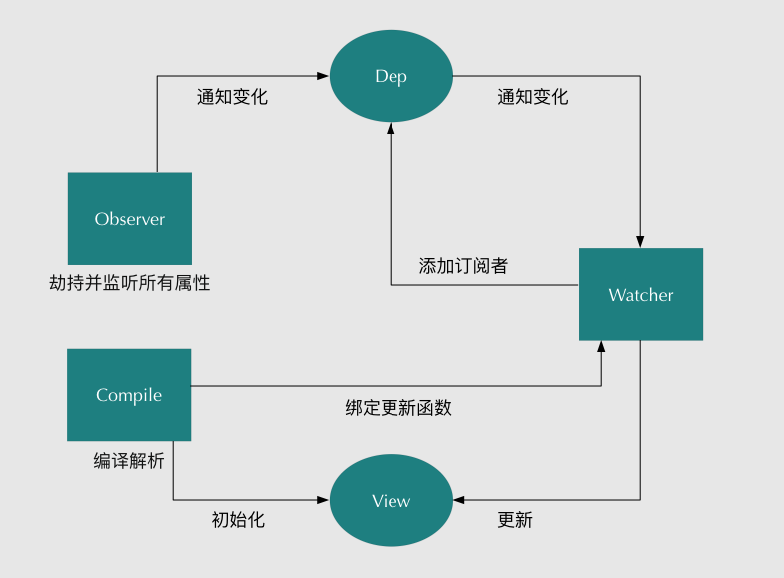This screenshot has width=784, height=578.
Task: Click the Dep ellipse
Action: (x=391, y=76)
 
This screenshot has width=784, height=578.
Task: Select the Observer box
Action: (x=129, y=218)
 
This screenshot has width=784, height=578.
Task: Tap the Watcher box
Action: (x=640, y=294)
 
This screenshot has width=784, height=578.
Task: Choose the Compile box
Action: (x=129, y=395)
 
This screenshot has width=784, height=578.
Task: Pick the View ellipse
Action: (x=391, y=500)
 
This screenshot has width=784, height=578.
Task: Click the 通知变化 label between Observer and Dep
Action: (x=232, y=97)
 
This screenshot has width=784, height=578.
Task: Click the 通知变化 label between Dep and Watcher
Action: (x=532, y=97)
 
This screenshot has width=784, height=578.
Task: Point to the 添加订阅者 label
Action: (x=463, y=266)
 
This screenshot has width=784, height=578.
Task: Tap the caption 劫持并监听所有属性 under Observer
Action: (x=129, y=283)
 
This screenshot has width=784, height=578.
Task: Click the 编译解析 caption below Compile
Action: (x=129, y=461)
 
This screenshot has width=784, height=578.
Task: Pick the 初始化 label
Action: (x=238, y=520)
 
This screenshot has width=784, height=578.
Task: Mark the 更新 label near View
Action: (x=515, y=520)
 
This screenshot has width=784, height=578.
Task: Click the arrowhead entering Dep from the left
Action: (x=324, y=76)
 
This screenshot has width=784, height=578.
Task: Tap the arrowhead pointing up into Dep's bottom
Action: (x=391, y=129)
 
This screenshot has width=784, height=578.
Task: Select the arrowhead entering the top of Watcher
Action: (x=640, y=242)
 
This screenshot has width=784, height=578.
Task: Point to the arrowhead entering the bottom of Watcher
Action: (x=601, y=346)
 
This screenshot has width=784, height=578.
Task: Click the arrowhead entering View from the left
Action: (x=324, y=500)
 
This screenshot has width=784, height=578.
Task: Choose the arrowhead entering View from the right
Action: (x=458, y=500)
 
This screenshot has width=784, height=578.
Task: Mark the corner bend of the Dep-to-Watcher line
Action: (x=640, y=76)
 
